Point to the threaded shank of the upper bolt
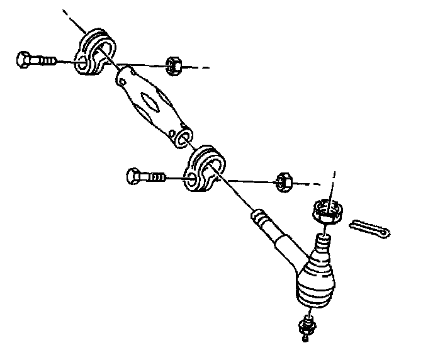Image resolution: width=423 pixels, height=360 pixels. (x=46, y=61)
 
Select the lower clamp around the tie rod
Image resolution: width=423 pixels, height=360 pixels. (x=205, y=168)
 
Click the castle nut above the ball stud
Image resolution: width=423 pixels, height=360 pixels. (x=327, y=210)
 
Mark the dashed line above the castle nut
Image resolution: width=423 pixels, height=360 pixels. (x=332, y=181)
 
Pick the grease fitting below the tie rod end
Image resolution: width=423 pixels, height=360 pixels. (x=306, y=326)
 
